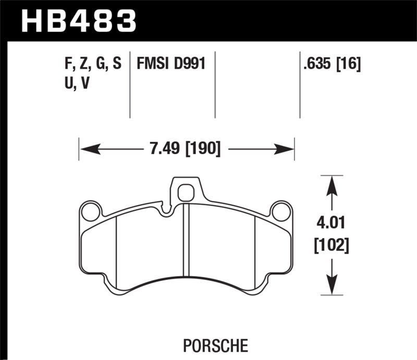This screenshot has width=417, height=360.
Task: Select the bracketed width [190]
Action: coord(202,150)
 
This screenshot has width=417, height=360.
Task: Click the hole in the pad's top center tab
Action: coord(186,193)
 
